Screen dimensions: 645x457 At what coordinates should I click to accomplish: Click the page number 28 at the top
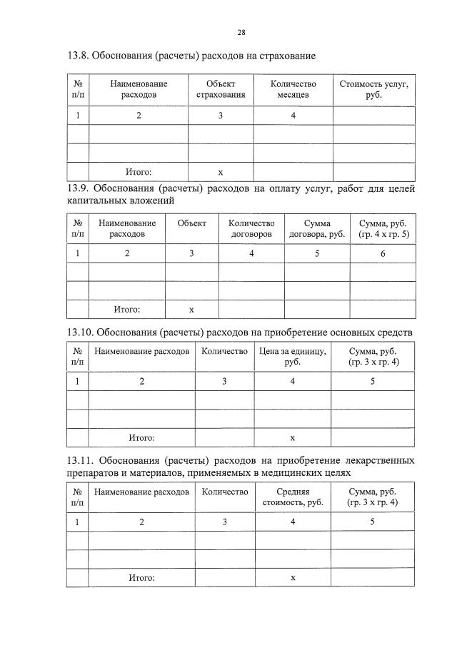241,33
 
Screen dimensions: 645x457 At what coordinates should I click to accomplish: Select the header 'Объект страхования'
221,89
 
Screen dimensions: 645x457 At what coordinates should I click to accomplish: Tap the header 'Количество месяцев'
293,89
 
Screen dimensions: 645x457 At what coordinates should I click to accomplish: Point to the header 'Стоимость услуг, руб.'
373,89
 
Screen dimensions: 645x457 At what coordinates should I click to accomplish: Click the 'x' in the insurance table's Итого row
221,172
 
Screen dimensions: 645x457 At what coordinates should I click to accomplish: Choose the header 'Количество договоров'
251,228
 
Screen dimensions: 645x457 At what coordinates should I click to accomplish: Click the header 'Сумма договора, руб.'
316,228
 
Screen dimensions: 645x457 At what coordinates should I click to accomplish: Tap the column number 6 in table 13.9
382,253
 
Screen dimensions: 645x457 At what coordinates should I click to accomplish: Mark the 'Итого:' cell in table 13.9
127,310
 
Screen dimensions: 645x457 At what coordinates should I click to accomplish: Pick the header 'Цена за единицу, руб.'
292,357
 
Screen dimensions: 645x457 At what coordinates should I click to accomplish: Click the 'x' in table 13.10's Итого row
293,437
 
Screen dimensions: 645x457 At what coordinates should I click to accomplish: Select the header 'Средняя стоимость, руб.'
293,497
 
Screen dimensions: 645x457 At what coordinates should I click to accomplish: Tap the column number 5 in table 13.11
372,522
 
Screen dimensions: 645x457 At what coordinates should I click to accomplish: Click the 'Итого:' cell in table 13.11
141,577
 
